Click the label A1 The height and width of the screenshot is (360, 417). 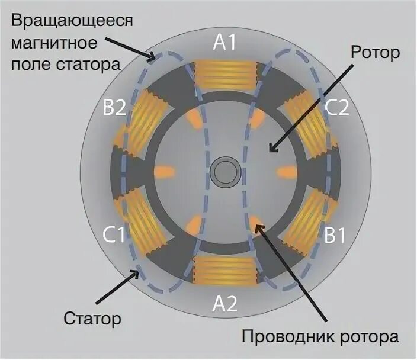[225, 43]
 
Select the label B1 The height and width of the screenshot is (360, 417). [335, 235]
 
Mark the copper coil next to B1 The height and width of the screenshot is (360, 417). [304, 222]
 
